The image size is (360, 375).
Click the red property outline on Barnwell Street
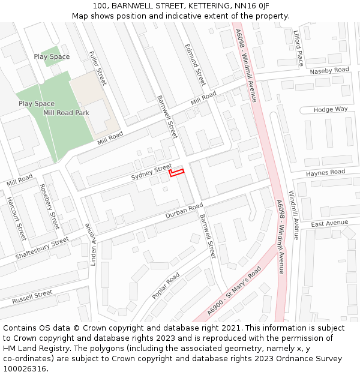[176, 173]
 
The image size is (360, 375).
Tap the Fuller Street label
[97, 68]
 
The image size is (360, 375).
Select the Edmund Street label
[195, 65]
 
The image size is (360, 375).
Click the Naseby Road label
[329, 71]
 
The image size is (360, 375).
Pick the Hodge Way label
[331, 110]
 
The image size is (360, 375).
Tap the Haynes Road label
[325, 173]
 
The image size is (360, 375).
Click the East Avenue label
[329, 223]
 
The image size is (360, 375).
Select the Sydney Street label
[152, 172]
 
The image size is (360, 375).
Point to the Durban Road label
[184, 211]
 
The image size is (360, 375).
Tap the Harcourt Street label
[16, 218]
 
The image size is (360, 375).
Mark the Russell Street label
[32, 296]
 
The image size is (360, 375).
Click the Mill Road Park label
[66, 113]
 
